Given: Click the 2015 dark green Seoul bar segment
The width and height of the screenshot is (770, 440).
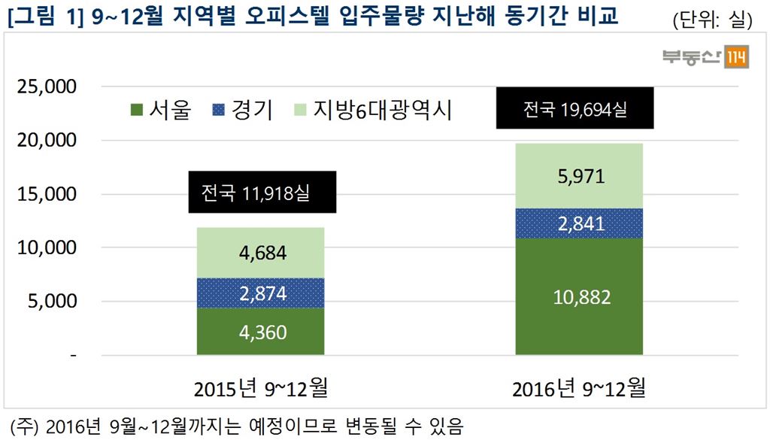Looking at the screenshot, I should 260,331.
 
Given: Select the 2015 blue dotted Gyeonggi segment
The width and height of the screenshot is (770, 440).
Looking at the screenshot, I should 260,293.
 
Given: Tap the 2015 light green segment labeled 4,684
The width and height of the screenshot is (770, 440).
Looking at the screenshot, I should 260,253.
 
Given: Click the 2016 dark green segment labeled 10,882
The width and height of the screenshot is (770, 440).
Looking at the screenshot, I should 578,296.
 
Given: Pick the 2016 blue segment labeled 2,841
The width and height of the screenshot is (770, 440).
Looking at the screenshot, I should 578,223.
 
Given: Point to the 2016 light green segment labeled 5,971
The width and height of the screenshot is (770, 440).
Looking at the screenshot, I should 578,176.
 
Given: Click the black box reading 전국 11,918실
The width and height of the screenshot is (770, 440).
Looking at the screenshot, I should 262,193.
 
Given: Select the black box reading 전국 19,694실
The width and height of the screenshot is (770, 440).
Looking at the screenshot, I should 574,109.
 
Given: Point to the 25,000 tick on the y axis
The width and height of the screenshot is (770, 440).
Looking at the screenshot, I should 46,86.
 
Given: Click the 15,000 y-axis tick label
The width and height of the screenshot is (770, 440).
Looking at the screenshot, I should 46,194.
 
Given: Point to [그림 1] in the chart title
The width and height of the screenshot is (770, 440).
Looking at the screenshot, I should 47,17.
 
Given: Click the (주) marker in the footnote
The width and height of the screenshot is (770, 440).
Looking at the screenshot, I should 22,426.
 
